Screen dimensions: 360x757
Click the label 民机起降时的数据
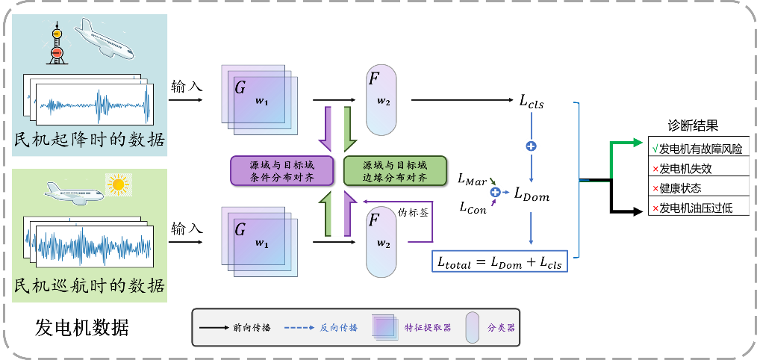tap(90, 140)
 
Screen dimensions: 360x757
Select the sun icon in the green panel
tap(119, 184)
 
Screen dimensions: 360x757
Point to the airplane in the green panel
tap(73, 193)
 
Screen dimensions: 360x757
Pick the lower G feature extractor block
tap(259, 238)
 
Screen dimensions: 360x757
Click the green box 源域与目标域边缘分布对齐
tap(394, 170)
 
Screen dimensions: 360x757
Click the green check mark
tap(655, 148)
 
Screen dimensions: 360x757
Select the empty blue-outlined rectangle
tap(499, 261)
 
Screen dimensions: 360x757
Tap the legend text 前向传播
tap(252, 327)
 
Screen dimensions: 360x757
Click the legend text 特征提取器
tap(428, 327)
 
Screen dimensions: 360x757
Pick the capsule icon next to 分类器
tap(472, 327)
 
